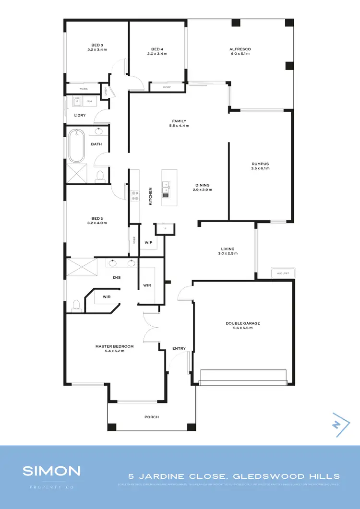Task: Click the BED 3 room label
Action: (x=97, y=45)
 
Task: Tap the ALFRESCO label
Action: (x=240, y=49)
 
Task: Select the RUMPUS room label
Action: (x=260, y=164)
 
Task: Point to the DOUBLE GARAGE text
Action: (x=242, y=323)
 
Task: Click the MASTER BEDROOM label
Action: (x=114, y=346)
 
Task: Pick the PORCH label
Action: (x=152, y=417)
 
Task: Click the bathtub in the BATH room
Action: (x=76, y=146)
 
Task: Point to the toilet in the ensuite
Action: (x=75, y=304)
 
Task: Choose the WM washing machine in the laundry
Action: (x=90, y=102)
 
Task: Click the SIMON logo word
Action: (x=51, y=471)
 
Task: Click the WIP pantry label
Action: (x=148, y=243)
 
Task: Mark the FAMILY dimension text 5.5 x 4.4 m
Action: (x=179, y=126)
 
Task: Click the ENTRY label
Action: (x=179, y=348)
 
